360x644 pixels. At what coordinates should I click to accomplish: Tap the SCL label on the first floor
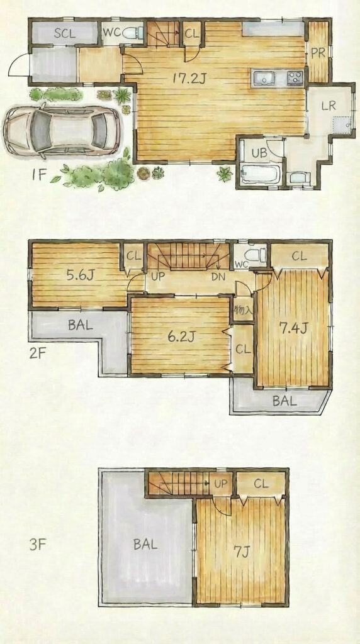click(x=65, y=33)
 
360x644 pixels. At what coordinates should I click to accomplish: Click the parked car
click(x=62, y=130)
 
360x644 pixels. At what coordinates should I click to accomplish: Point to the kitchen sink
click(x=264, y=77)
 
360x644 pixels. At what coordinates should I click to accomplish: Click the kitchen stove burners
click(x=295, y=77)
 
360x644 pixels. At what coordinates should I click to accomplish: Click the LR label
click(x=329, y=106)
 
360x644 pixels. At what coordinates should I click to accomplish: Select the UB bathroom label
click(x=259, y=153)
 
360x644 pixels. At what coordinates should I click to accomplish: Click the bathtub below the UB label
click(x=261, y=174)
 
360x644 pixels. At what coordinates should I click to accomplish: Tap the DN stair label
click(x=218, y=277)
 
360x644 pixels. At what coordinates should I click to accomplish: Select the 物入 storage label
click(x=243, y=311)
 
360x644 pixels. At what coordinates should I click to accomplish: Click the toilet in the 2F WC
click(x=257, y=255)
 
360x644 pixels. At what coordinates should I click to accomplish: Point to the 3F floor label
click(x=37, y=545)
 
